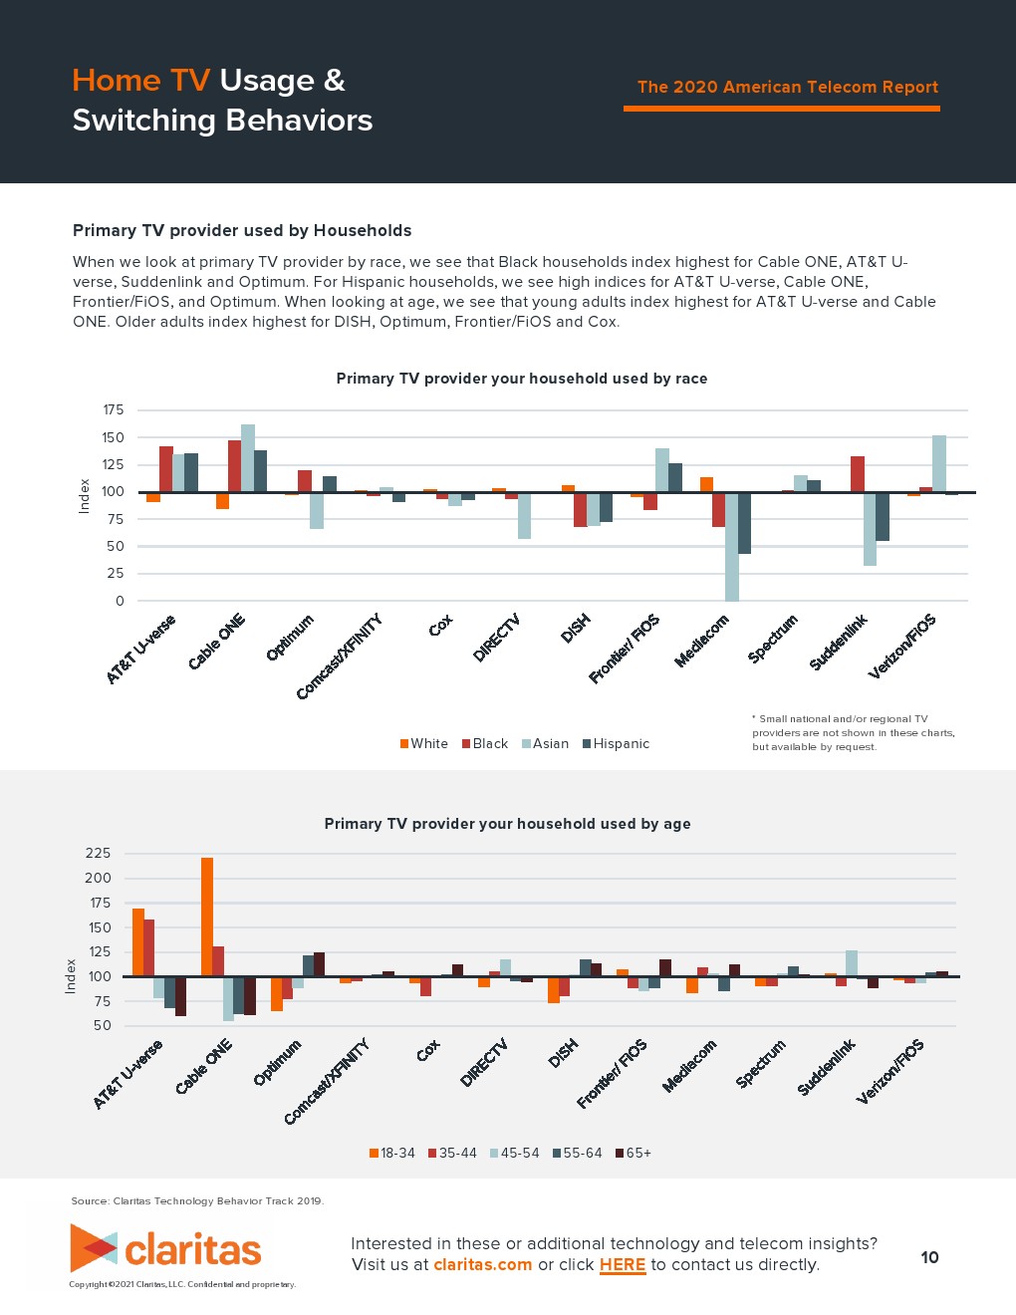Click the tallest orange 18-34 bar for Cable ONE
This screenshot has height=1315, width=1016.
click(x=207, y=917)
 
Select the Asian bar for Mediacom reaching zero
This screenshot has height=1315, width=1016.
click(x=731, y=547)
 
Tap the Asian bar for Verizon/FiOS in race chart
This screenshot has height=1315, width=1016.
click(x=938, y=464)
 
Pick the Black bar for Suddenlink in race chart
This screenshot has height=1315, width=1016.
click(x=857, y=474)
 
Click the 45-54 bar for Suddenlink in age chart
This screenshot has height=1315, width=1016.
click(x=852, y=963)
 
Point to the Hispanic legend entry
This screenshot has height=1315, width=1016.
click(x=617, y=744)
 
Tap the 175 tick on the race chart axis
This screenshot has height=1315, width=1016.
click(x=114, y=410)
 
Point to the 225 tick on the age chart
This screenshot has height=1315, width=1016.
click(x=99, y=854)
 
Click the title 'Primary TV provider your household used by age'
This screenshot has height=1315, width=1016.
click(x=507, y=824)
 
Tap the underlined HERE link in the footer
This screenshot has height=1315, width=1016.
click(x=623, y=1265)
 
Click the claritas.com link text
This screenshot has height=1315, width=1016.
click(x=483, y=1265)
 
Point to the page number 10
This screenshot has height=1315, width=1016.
click(x=929, y=1257)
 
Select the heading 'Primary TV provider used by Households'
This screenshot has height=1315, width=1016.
click(x=242, y=231)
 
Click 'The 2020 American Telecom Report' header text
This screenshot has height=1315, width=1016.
click(x=787, y=88)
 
